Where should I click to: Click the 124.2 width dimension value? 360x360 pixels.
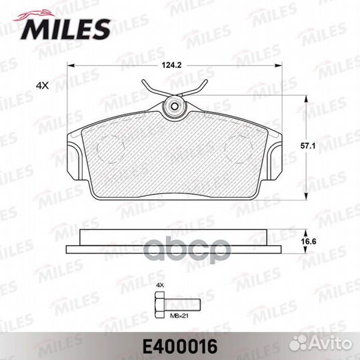pyautogui.click(x=171, y=65)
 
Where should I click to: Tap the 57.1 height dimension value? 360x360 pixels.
pyautogui.click(x=308, y=146)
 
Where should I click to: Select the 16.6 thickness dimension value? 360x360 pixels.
pyautogui.click(x=309, y=241)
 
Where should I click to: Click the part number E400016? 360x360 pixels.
pyautogui.click(x=180, y=347)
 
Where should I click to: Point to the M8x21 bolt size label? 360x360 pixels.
pyautogui.click(x=179, y=316)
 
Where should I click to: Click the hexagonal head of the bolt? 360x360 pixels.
pyautogui.click(x=159, y=305)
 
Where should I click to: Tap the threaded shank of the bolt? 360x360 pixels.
pyautogui.click(x=182, y=305)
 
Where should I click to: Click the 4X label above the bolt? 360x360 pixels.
pyautogui.click(x=160, y=285)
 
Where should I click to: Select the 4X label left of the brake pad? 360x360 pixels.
pyautogui.click(x=43, y=85)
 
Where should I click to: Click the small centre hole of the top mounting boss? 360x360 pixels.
pyautogui.click(x=175, y=106)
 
